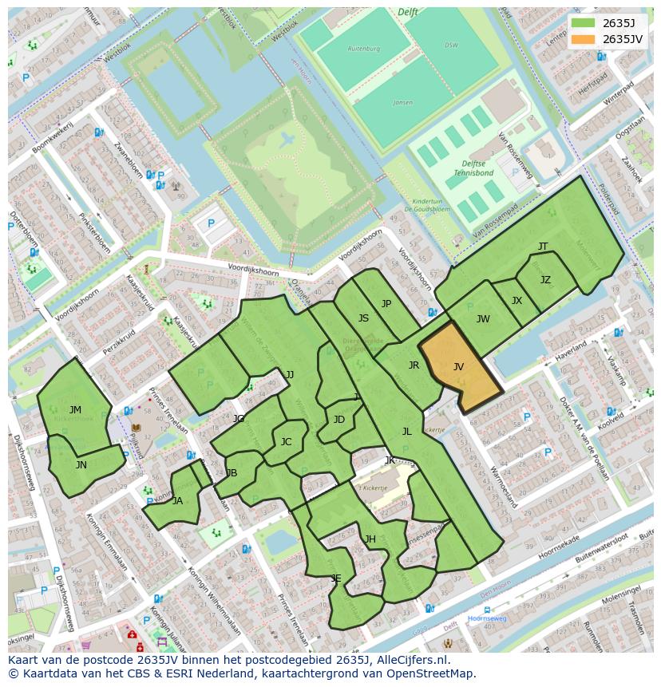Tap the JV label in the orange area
tap(458, 367)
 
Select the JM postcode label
tap(75, 410)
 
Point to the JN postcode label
tap(81, 464)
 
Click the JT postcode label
tap(543, 247)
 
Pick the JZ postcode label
tap(545, 280)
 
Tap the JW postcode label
tap(483, 319)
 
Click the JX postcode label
tap(517, 301)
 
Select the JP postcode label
tap(386, 303)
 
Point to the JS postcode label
tap(363, 318)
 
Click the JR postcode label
tap(414, 365)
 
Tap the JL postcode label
tap(406, 432)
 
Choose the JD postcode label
tap(339, 420)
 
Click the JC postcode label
tap(286, 442)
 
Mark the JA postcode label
tap(177, 501)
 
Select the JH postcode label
tap(370, 539)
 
